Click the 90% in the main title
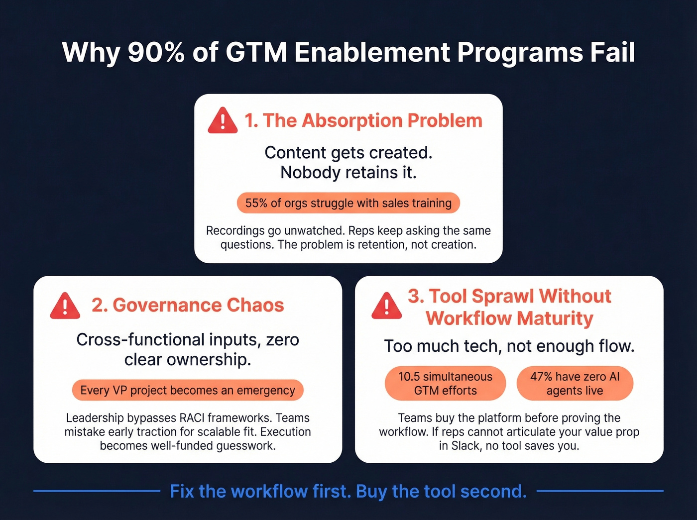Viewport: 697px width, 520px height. coord(156,52)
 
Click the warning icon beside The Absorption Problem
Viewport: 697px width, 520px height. coord(223,121)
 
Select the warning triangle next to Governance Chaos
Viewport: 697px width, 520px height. coord(65,306)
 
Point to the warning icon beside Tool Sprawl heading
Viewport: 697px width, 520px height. coord(386,306)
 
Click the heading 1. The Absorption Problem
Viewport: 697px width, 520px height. coord(363,121)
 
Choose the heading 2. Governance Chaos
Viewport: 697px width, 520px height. coord(188,305)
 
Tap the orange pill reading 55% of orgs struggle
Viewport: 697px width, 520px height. coord(348,203)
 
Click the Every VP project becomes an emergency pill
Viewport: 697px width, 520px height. coord(188,390)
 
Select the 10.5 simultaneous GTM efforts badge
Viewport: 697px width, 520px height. coord(445,384)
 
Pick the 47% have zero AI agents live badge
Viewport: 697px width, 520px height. coord(575,384)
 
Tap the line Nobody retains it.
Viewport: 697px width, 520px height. coord(348,173)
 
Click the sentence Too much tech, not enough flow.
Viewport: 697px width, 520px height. coord(509,346)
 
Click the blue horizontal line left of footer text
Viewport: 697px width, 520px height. coord(97,491)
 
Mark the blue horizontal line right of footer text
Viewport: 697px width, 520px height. coord(600,491)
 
